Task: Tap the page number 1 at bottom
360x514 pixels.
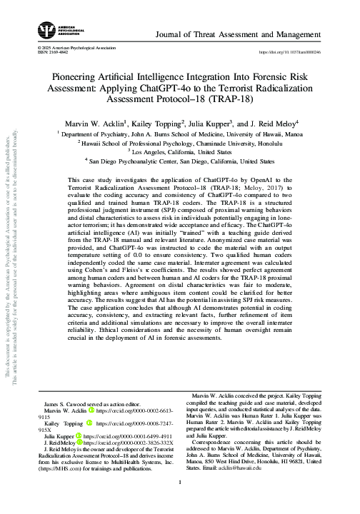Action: point(180,501)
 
